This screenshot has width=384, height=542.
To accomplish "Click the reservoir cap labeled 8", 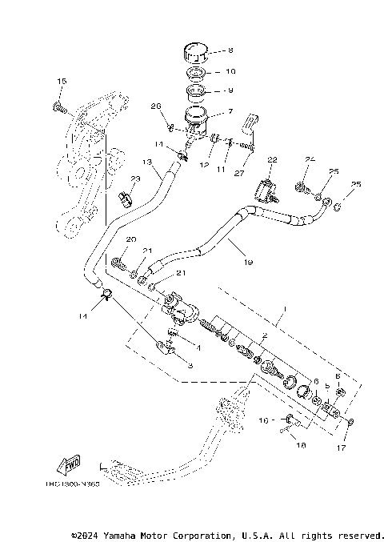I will [x=196, y=52].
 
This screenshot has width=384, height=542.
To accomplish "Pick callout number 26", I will [x=156, y=106].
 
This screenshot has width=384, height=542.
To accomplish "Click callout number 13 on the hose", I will [x=146, y=162].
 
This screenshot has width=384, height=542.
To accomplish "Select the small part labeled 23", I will [x=126, y=196].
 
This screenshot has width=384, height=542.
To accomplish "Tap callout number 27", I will [x=238, y=170].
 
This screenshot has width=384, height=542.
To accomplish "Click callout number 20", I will [x=130, y=239].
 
